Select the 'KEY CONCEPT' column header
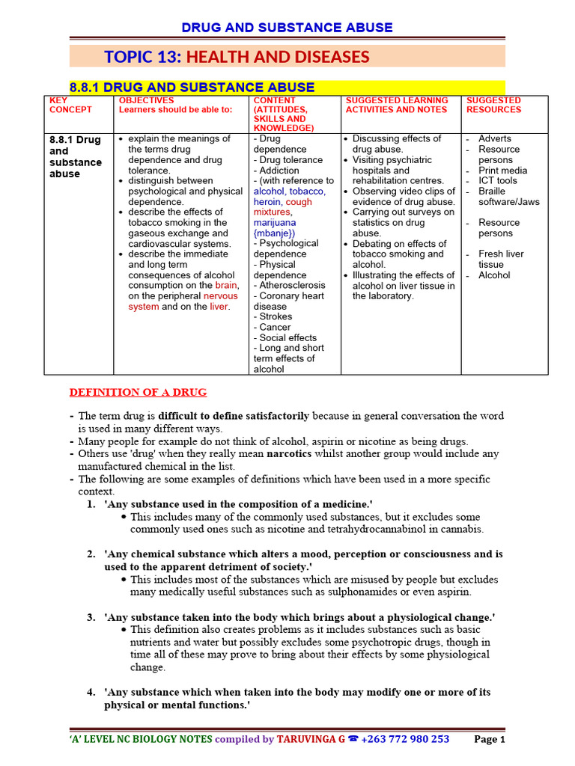pos(70,105)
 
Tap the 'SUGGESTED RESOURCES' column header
pos(493,105)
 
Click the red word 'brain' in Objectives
pos(226,285)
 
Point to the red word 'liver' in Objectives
pos(219,306)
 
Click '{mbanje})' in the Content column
pos(275,233)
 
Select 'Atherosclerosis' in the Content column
pos(292,285)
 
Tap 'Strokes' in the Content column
pos(276,316)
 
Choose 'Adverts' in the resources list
pos(495,138)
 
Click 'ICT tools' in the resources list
pos(498,180)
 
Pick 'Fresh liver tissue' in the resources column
pos(501,259)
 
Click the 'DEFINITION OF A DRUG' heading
pos(138,392)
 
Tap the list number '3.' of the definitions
pos(91,617)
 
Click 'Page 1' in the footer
pos(490,739)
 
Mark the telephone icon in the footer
pos(353,739)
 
